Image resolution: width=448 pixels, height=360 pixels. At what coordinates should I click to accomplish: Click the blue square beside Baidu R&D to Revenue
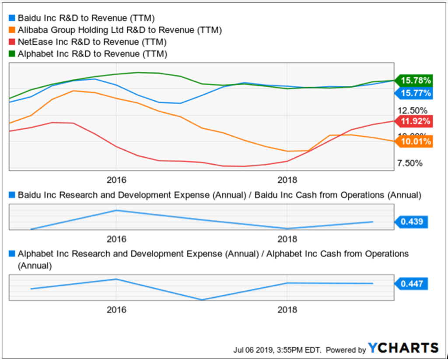click(x=12, y=18)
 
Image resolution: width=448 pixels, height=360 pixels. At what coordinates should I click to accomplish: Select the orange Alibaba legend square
click(x=12, y=30)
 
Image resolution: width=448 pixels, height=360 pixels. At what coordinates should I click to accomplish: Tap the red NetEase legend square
click(x=12, y=42)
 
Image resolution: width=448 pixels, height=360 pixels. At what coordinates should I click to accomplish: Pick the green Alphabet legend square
click(x=12, y=54)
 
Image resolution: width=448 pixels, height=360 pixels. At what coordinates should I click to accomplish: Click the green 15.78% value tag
click(x=415, y=81)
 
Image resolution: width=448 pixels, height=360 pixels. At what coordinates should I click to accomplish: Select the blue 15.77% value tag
click(x=415, y=93)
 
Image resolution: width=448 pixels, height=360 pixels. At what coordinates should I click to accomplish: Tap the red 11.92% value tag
click(x=415, y=120)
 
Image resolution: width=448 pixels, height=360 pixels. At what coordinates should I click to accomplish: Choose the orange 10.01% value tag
click(x=415, y=141)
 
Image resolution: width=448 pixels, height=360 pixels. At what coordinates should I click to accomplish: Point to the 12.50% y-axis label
click(x=409, y=110)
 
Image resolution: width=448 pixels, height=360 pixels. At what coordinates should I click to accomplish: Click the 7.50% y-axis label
click(x=409, y=163)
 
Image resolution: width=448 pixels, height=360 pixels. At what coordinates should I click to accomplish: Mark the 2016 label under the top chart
click(x=116, y=180)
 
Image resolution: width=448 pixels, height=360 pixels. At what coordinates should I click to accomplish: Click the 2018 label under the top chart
click(x=287, y=180)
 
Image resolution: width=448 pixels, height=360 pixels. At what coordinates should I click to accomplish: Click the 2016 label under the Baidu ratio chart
click(x=116, y=239)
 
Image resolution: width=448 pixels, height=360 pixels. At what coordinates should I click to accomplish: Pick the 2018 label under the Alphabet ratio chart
click(x=287, y=310)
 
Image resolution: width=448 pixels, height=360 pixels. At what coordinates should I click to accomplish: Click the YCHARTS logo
click(x=402, y=348)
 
